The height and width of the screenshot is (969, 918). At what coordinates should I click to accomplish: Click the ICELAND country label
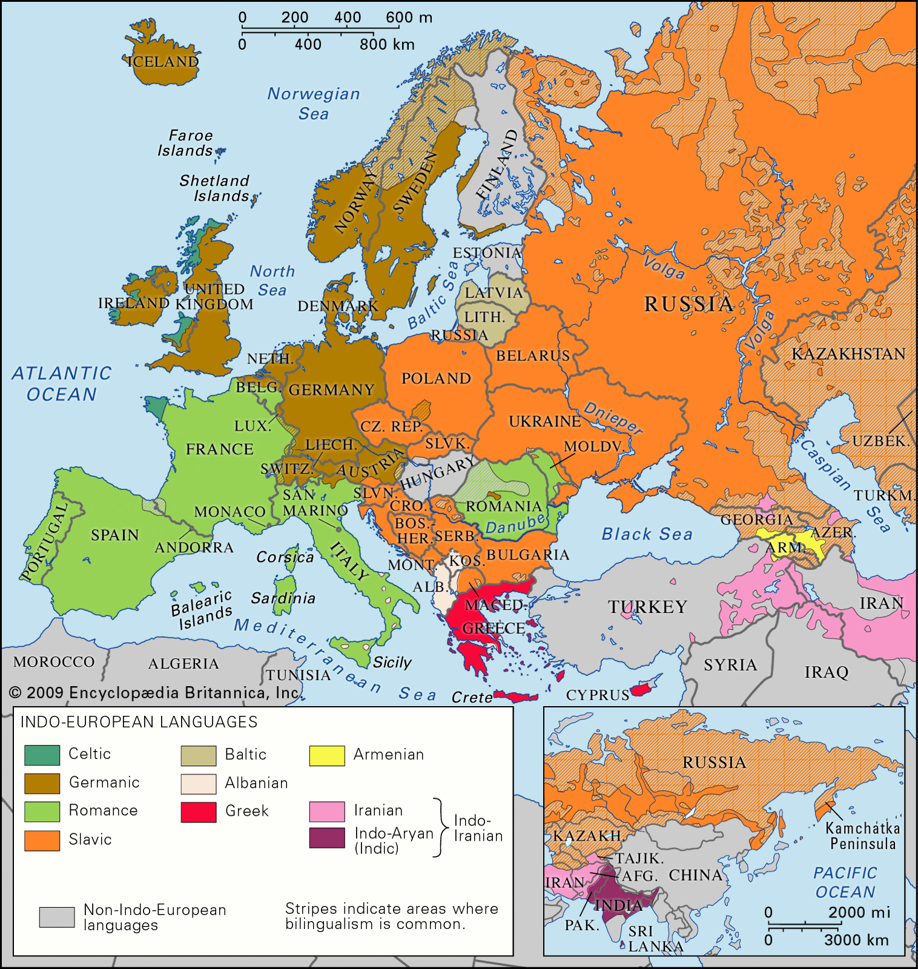pyautogui.click(x=163, y=62)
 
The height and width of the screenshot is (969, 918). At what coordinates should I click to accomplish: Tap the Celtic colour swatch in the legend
pyautogui.click(x=42, y=755)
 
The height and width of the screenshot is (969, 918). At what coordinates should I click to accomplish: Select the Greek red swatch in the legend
pyautogui.click(x=199, y=812)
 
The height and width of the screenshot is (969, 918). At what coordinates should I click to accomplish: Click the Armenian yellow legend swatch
pyautogui.click(x=327, y=755)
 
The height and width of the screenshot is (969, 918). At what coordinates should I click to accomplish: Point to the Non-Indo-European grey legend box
pyautogui.click(x=57, y=917)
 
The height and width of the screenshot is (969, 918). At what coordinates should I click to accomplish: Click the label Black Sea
pyautogui.click(x=647, y=534)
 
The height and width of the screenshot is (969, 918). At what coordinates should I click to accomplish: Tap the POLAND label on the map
pyautogui.click(x=436, y=379)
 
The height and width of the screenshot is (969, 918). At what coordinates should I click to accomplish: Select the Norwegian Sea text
pyautogui.click(x=314, y=104)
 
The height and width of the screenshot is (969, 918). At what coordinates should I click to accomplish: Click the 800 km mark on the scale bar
pyautogui.click(x=386, y=45)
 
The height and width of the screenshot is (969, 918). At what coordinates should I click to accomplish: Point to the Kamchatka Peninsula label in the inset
pyautogui.click(x=862, y=836)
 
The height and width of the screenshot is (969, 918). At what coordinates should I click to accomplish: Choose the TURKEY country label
pyautogui.click(x=647, y=607)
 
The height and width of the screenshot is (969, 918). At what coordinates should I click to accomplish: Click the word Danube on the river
pyautogui.click(x=515, y=526)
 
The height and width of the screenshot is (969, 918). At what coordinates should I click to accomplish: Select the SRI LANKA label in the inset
pyautogui.click(x=653, y=939)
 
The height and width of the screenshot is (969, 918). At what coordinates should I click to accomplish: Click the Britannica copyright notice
pyautogui.click(x=154, y=693)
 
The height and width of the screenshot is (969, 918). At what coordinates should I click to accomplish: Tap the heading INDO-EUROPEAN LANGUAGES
pyautogui.click(x=139, y=722)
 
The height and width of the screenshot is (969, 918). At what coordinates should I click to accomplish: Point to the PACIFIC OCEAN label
pyautogui.click(x=845, y=882)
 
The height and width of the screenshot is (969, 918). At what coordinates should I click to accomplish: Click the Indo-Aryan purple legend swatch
pyautogui.click(x=327, y=838)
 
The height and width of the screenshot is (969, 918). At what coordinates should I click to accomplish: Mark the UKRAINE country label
pyautogui.click(x=544, y=422)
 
